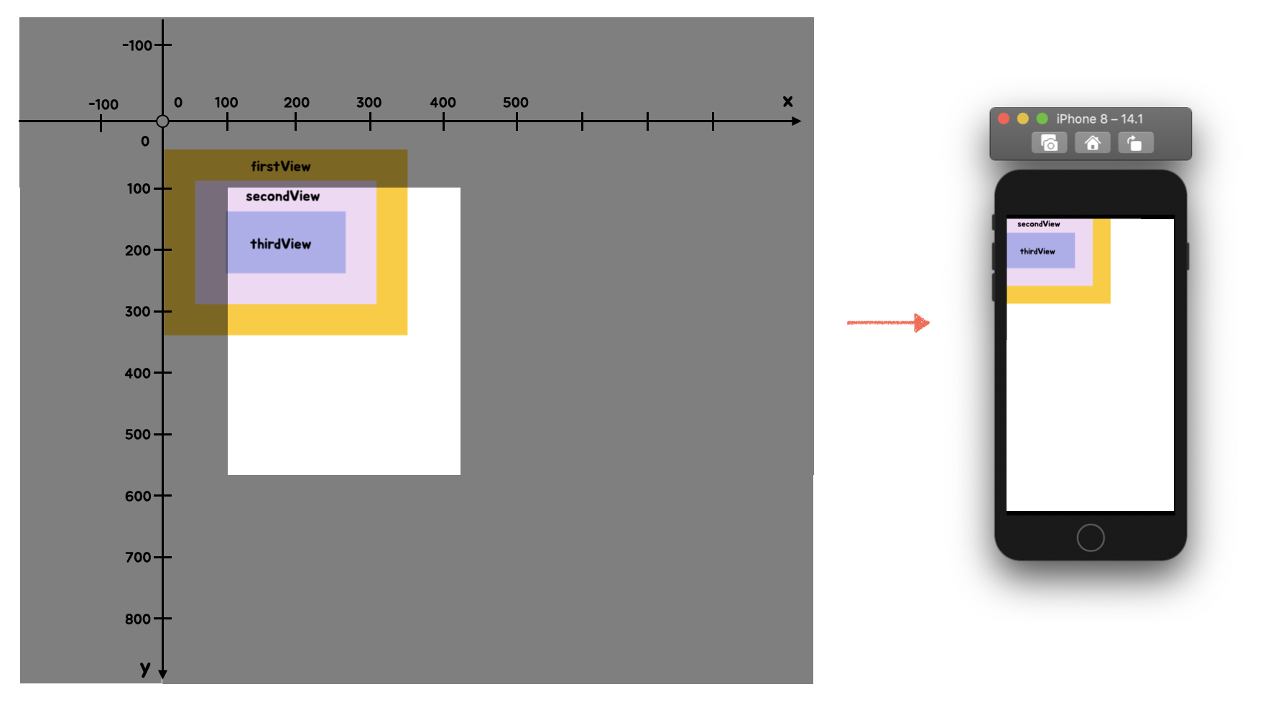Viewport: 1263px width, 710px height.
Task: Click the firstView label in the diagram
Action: click(281, 167)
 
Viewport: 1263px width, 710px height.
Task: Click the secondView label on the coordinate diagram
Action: click(282, 196)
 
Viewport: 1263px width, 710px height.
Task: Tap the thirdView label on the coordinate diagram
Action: click(281, 244)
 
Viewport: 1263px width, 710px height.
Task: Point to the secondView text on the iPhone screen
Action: click(1038, 224)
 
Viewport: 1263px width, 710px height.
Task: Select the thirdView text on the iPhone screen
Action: click(1037, 252)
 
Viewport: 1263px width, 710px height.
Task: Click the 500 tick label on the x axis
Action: click(515, 103)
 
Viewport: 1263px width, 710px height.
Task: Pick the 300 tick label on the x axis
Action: click(369, 103)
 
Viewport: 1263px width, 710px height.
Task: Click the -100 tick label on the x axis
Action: click(103, 105)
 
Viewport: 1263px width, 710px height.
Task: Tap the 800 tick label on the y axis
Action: click(137, 619)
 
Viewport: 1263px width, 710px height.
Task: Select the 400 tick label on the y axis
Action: click(137, 373)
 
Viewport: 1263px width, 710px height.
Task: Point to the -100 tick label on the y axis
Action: click(137, 46)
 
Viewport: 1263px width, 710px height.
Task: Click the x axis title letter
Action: click(787, 101)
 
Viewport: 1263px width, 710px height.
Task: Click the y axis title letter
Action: click(145, 668)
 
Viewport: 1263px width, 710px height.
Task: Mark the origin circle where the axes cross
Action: click(163, 121)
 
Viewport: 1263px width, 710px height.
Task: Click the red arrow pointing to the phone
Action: click(889, 323)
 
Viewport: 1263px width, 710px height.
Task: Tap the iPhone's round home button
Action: click(1090, 538)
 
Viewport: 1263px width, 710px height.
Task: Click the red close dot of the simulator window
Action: click(1004, 119)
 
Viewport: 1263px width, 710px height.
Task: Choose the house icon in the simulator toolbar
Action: click(1092, 143)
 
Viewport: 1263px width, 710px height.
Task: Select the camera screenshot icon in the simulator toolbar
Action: click(1049, 143)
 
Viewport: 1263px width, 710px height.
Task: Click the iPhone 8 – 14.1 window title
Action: click(1099, 119)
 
